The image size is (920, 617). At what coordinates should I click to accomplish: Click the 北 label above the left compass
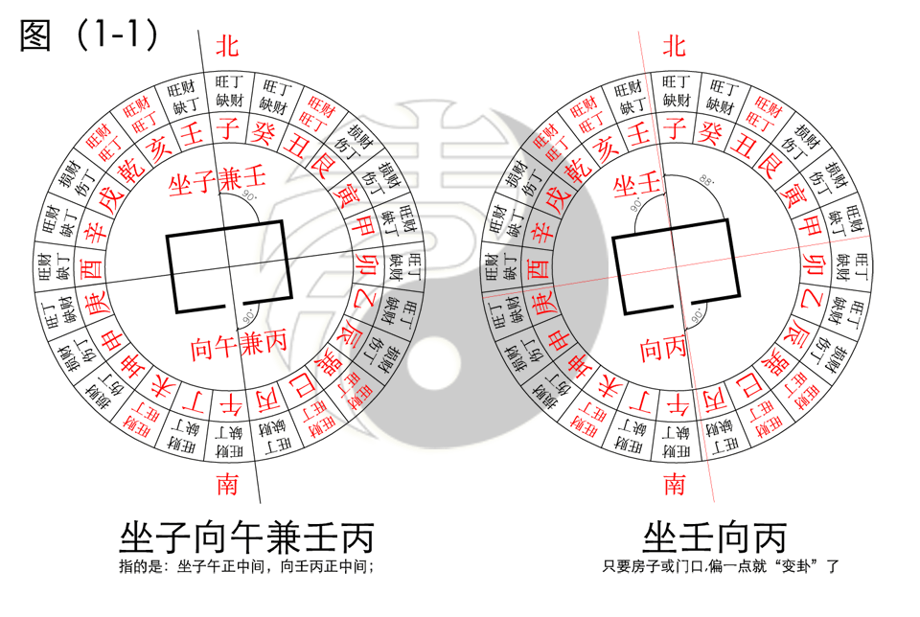[226, 45]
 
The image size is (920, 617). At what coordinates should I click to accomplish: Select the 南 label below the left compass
[226, 485]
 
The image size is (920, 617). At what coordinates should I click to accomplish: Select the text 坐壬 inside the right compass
[636, 183]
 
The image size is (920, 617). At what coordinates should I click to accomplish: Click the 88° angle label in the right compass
[708, 179]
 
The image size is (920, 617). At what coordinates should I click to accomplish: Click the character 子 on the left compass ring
[227, 124]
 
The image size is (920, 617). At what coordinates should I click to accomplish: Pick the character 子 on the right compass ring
[675, 124]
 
